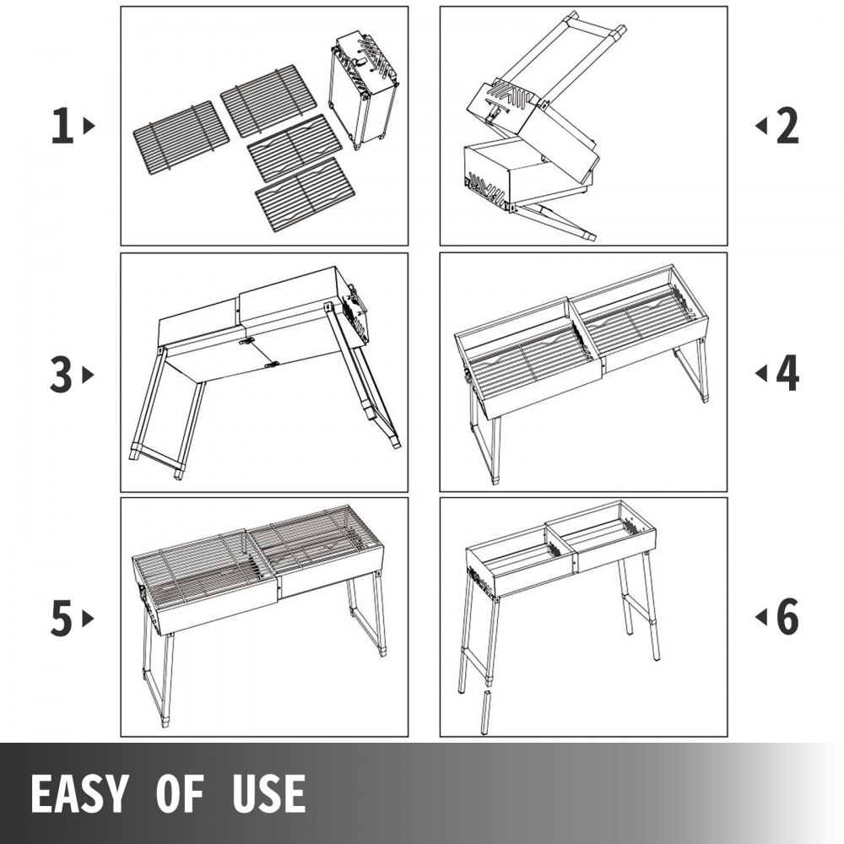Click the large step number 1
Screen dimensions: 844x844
62,126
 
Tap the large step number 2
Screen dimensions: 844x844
787,126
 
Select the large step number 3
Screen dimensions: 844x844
61,376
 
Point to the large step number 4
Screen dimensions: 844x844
787,373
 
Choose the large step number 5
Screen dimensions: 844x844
62,619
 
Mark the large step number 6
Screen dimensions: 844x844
787,617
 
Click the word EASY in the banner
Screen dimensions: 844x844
79,793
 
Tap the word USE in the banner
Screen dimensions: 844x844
269,793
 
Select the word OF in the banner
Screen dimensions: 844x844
181,793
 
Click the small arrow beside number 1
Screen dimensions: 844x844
89,126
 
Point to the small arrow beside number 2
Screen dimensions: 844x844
761,126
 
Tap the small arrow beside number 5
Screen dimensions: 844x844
89,619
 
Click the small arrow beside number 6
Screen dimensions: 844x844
761,617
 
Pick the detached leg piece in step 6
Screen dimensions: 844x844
485,711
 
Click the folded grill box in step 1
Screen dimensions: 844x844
363,90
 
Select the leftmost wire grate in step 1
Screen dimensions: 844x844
181,136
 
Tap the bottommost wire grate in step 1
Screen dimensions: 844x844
306,194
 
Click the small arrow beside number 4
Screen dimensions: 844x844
761,373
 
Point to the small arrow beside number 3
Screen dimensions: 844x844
89,376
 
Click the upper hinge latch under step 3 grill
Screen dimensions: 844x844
247,341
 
